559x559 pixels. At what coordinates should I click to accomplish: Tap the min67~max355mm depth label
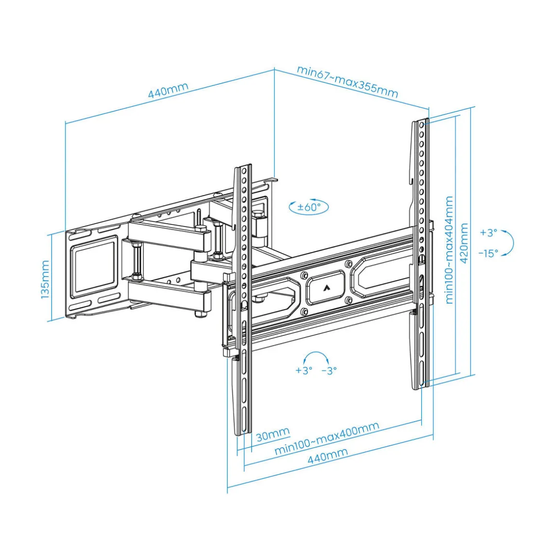[347, 81]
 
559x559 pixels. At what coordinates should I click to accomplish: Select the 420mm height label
[464, 243]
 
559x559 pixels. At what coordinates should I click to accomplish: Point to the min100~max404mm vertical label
[449, 250]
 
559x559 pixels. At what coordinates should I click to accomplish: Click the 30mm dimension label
[273, 434]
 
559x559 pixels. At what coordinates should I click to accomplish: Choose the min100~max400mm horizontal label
[327, 438]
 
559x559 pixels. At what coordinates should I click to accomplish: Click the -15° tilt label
[489, 253]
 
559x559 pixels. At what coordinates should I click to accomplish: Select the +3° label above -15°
[489, 233]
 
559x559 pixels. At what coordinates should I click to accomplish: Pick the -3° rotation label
[329, 371]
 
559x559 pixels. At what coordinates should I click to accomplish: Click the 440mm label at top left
[168, 91]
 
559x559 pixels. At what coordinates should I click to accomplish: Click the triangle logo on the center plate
[326, 288]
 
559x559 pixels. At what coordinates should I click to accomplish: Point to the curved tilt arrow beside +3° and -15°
[510, 243]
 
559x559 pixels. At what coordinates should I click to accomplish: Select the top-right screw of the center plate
[348, 264]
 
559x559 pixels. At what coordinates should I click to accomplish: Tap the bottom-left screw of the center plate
[304, 312]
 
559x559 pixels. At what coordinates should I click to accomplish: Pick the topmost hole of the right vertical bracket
[422, 126]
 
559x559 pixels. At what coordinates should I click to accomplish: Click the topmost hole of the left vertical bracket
[244, 172]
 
